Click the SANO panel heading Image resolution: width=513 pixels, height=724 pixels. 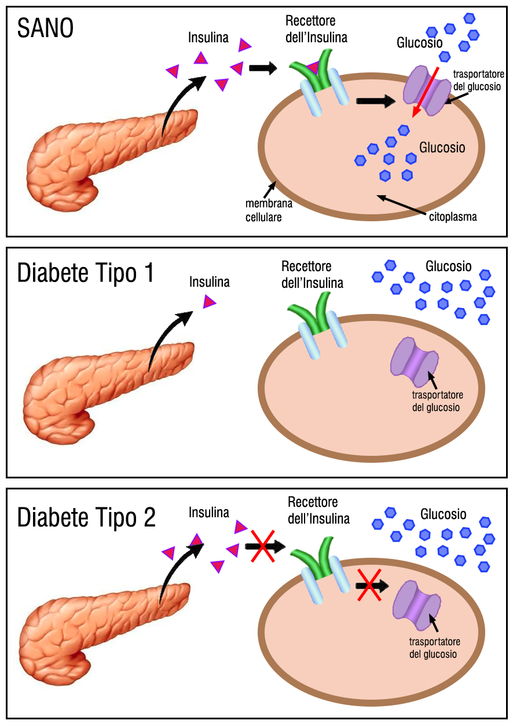(x=45, y=28)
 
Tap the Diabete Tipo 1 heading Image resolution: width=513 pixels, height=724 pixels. (x=85, y=273)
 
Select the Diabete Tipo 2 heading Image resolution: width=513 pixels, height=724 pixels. (x=86, y=517)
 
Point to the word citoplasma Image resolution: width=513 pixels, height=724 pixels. (x=453, y=217)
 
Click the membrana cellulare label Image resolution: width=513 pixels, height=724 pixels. (x=269, y=210)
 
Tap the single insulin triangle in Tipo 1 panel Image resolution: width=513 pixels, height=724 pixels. (x=209, y=302)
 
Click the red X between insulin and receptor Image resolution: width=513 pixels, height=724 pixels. (x=263, y=546)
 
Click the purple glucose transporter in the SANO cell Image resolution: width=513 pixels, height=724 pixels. (x=427, y=90)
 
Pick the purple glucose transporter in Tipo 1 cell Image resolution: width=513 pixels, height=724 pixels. (x=415, y=362)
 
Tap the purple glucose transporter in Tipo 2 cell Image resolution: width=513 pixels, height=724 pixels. (x=417, y=605)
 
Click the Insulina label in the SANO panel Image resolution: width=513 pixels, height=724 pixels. (x=208, y=38)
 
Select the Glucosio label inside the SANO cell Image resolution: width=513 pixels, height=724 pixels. (x=442, y=148)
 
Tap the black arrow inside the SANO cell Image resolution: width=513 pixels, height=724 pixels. (x=376, y=101)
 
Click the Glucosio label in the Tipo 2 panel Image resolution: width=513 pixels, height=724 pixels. (x=443, y=514)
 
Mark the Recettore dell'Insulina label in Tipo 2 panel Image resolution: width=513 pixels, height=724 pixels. (x=318, y=511)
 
